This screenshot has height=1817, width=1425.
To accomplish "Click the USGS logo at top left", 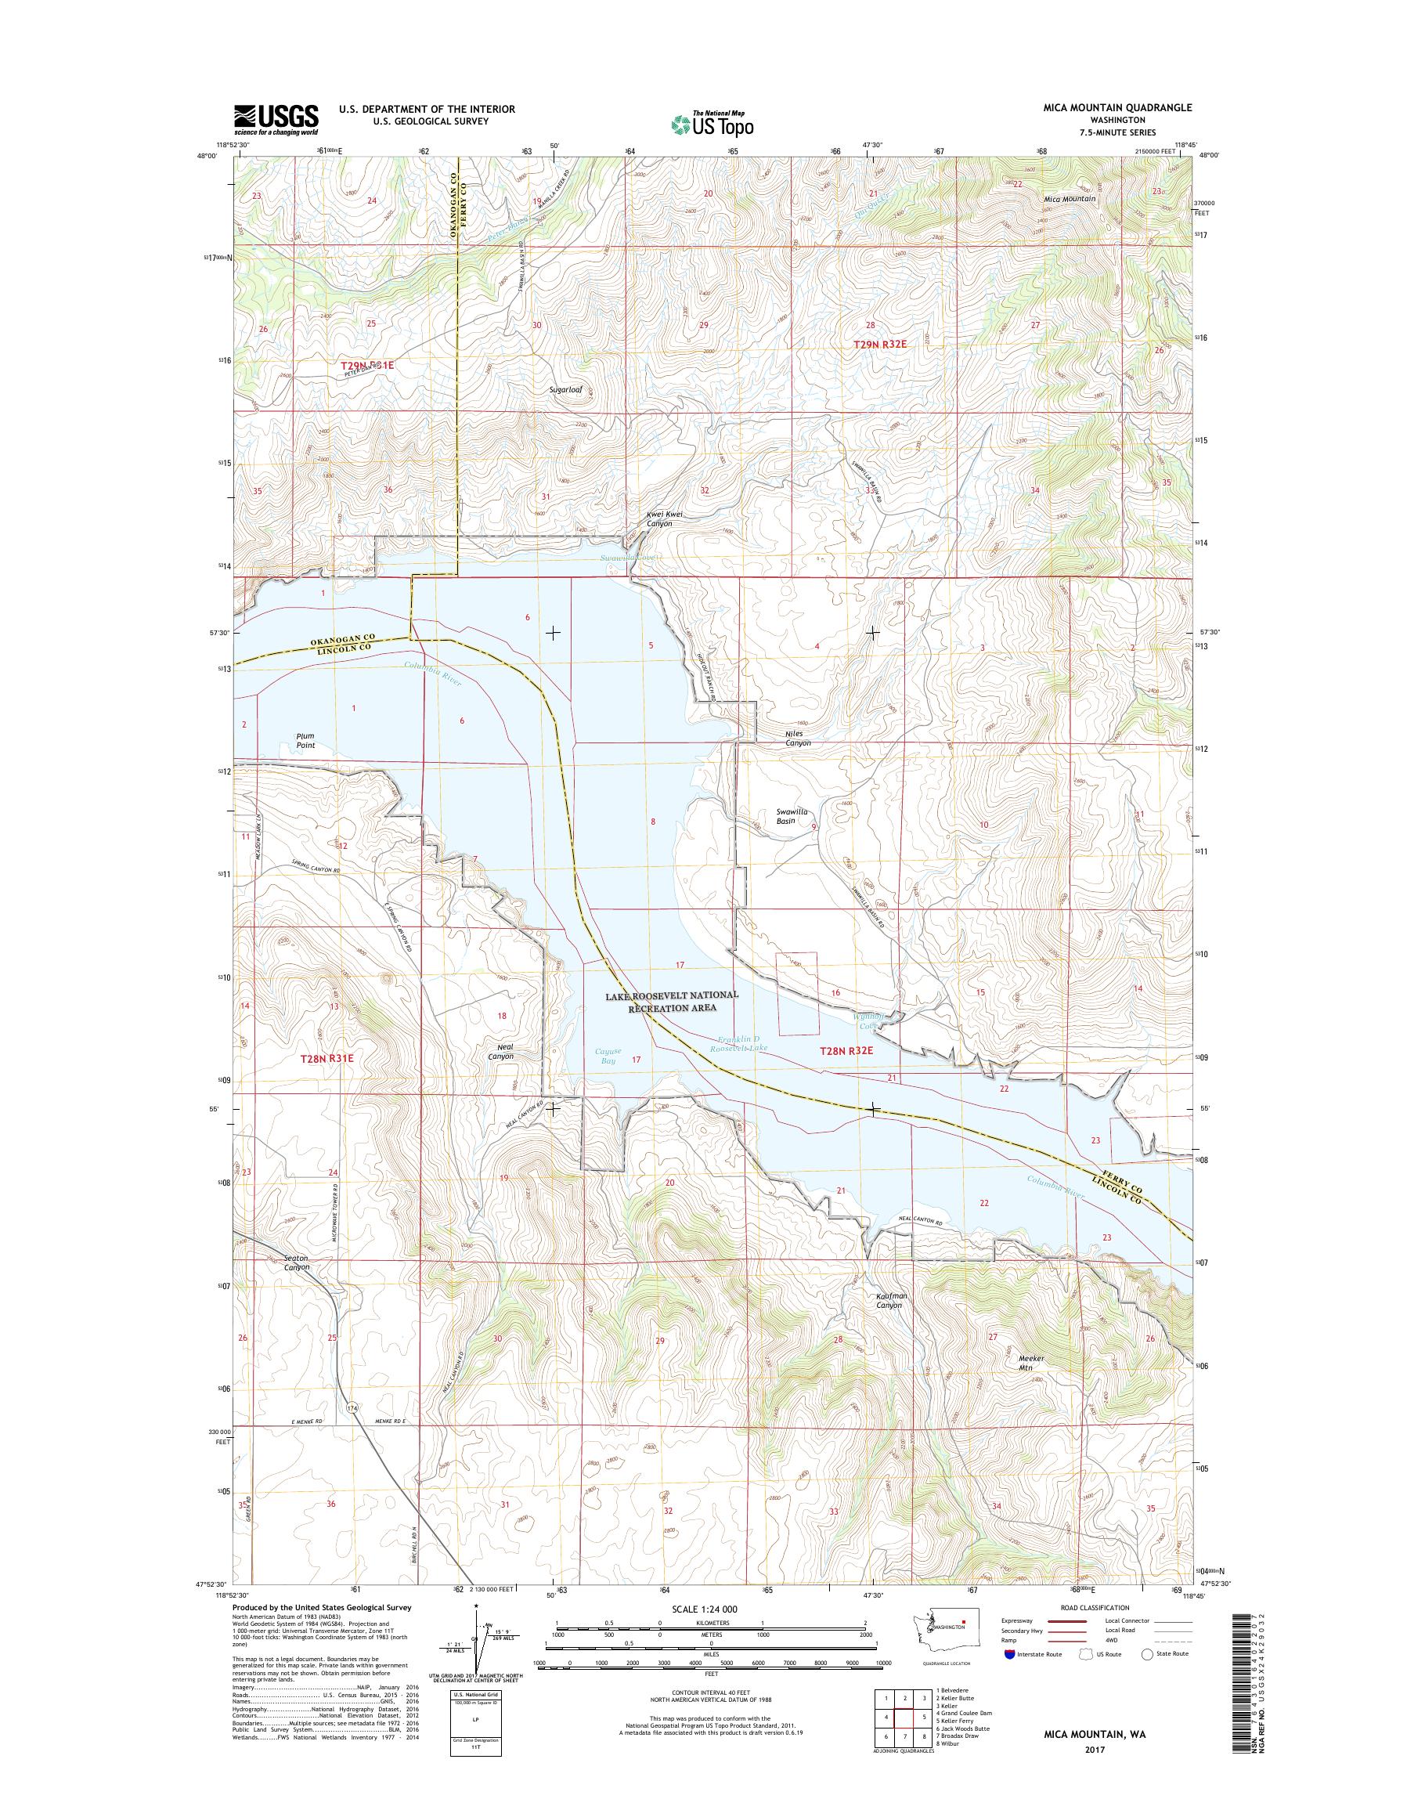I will tap(276, 119).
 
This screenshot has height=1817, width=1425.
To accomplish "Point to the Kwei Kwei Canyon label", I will tap(665, 519).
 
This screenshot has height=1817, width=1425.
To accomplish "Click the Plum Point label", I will tap(306, 740).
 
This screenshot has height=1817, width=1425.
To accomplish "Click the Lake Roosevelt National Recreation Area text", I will tap(673, 1002).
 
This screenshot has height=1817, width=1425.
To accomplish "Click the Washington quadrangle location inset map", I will tap(940, 1641).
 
